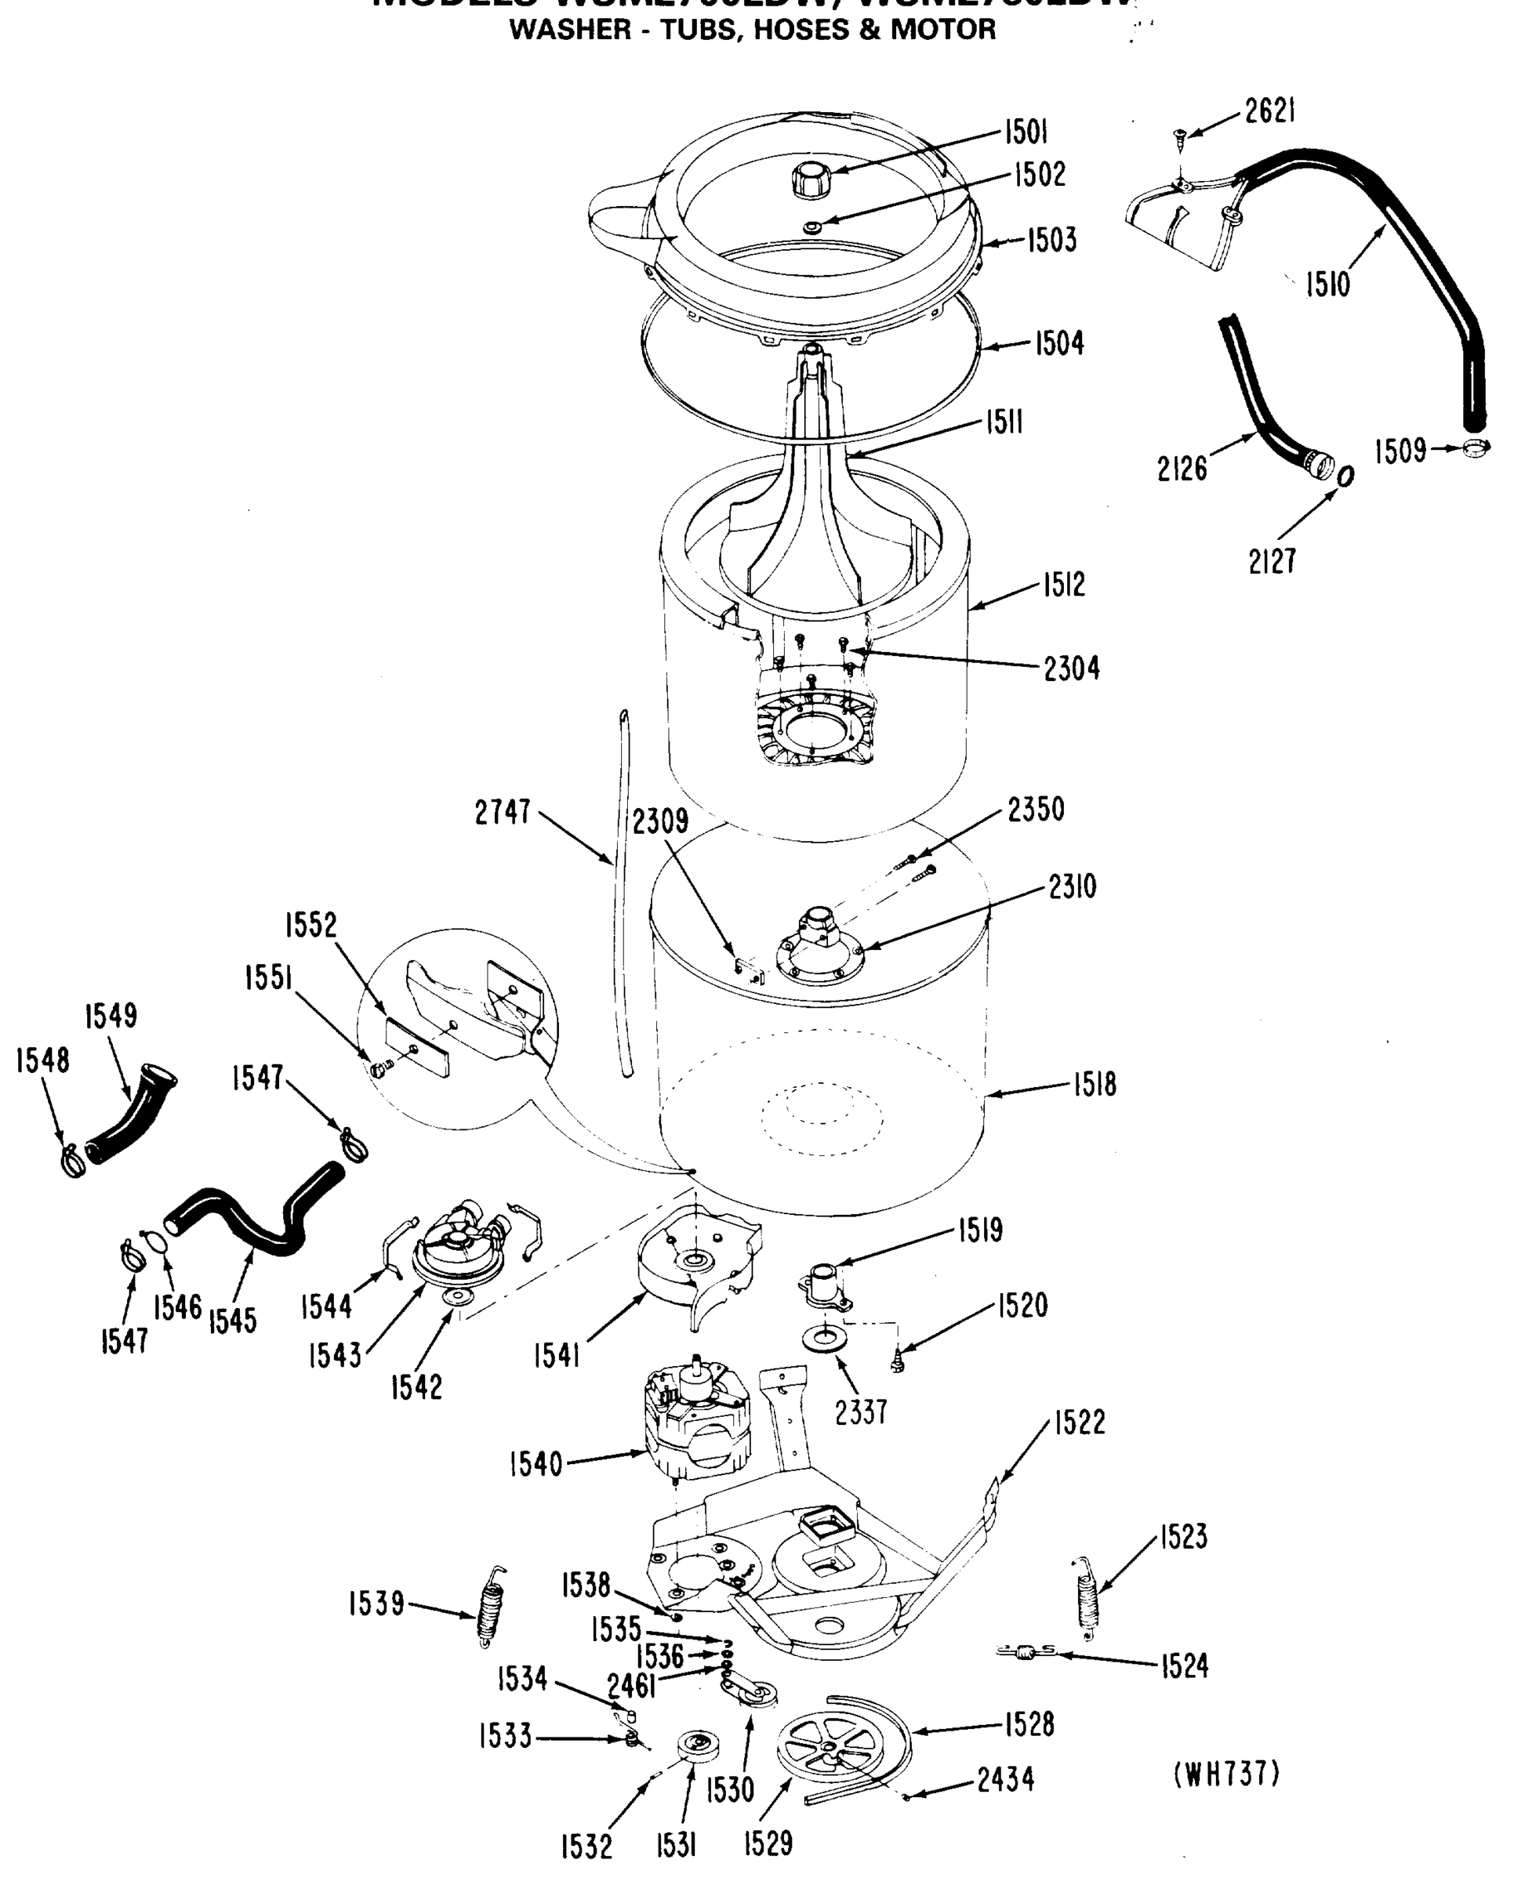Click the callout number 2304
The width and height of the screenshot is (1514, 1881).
click(1072, 669)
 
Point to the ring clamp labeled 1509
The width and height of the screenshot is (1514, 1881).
click(1476, 449)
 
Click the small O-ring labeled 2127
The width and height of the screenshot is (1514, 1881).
click(1345, 477)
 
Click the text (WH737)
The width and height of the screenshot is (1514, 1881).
click(1226, 1774)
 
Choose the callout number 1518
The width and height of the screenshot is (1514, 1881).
click(1095, 1085)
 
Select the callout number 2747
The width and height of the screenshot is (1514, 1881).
click(503, 812)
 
